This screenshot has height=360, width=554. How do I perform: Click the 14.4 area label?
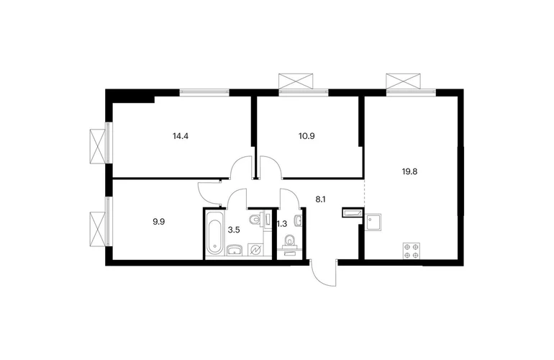pos(180,136)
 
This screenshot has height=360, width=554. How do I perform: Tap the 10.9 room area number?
pos(306,136)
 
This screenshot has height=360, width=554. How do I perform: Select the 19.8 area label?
pos(409,172)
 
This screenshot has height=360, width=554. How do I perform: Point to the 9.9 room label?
pos(158,222)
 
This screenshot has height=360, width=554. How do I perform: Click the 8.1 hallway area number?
pos(320,199)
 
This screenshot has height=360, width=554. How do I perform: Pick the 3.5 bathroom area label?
pos(234,230)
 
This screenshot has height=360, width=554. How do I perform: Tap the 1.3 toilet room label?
pos(281,224)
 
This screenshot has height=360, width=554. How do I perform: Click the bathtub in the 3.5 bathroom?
pos(215,233)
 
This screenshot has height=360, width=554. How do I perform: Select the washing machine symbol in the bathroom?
pos(255,250)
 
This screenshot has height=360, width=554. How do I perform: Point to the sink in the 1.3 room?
pos(299,221)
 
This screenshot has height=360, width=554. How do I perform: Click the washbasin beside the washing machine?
pos(234,251)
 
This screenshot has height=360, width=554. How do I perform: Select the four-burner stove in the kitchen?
pos(412,251)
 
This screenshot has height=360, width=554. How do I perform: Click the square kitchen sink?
pos(373,222)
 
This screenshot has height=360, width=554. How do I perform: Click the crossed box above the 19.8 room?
pos(403,81)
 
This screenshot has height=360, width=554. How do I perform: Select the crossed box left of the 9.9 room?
pos(98,229)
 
